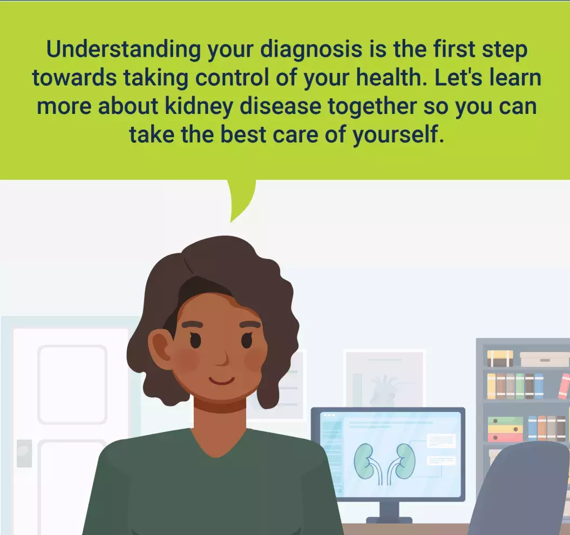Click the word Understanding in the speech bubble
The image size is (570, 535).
pyautogui.click(x=124, y=50)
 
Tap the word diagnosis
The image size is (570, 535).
pyautogui.click(x=311, y=50)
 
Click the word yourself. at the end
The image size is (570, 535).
pyautogui.click(x=398, y=135)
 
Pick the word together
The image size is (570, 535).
pyautogui.click(x=372, y=106)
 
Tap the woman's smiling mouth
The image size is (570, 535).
pyautogui.click(x=221, y=381)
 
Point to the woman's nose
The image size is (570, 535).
pyautogui.click(x=222, y=359)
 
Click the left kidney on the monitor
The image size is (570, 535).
pyautogui.click(x=364, y=461)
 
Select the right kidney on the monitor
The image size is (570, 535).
pyautogui.click(x=405, y=461)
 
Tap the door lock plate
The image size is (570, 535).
pyautogui.click(x=24, y=453)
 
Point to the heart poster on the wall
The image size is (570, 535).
pyautogui.click(x=385, y=379)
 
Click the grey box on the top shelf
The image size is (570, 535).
pyautogui.click(x=544, y=359)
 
